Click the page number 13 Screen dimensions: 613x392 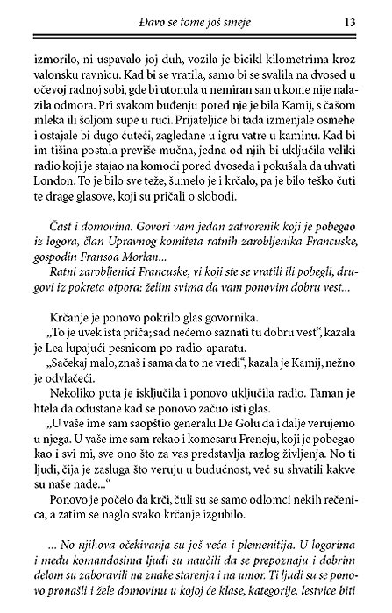click(348, 21)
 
